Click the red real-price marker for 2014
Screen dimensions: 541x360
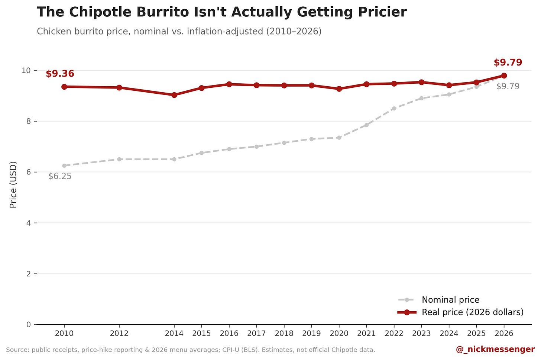174,95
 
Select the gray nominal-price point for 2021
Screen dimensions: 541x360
366,125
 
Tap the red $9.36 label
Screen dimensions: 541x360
60,74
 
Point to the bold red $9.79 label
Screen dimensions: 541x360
508,62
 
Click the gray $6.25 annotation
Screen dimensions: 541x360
60,176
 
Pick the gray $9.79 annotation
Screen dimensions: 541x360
508,86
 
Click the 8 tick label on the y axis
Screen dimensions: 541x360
29,121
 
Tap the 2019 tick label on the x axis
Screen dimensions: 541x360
311,334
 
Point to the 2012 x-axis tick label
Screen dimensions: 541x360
119,334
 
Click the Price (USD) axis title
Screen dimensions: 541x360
13,184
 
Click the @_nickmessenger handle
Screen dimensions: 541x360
495,349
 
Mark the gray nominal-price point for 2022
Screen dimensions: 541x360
394,108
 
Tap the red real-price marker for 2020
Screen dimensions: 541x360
339,89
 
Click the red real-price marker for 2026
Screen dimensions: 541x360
504,75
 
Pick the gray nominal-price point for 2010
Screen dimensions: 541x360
64,165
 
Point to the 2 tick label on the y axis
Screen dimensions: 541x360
29,274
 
